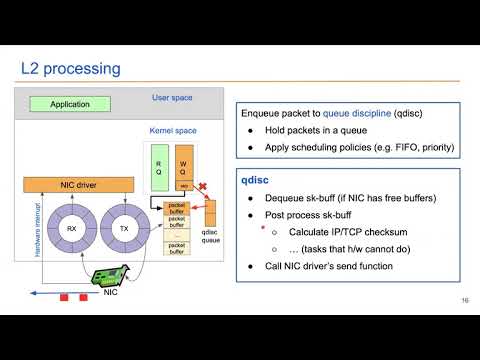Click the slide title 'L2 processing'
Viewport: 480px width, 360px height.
70,68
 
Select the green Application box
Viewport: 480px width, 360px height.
69,103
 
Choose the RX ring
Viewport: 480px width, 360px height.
71,227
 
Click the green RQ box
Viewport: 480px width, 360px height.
158,165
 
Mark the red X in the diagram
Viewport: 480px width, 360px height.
204,187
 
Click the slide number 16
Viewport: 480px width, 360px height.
465,301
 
